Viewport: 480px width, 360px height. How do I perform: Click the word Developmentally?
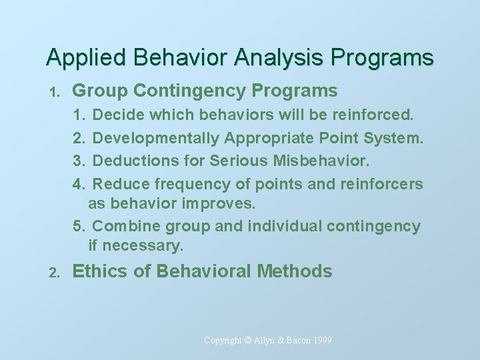pos(157,138)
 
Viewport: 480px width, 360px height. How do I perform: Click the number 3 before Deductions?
pos(77,161)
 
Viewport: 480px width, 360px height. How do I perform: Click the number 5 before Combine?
pos(77,226)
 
